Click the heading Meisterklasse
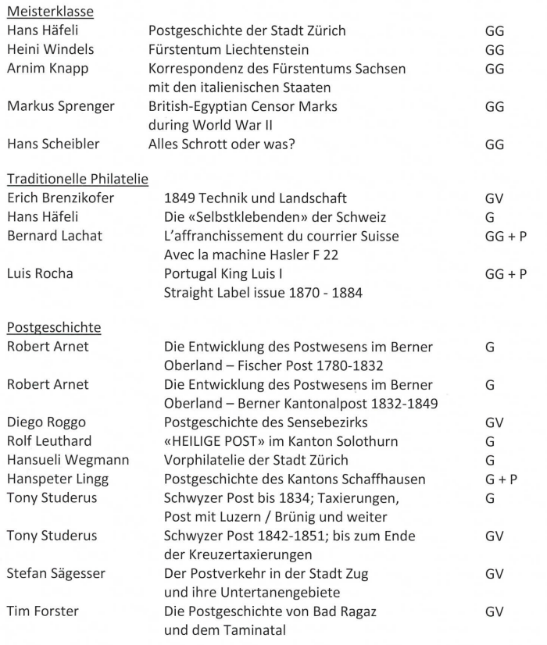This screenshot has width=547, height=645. (x=50, y=12)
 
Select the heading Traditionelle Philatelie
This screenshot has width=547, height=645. (x=77, y=180)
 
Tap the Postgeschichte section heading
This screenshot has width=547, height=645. (x=54, y=327)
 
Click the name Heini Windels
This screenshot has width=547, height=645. (x=50, y=50)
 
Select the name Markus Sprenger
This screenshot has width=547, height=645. (x=59, y=107)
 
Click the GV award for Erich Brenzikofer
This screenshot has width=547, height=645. (x=494, y=198)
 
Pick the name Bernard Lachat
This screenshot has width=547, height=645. (x=52, y=236)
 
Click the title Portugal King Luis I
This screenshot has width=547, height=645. (x=234, y=274)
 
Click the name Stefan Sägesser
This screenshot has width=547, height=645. (x=57, y=574)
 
